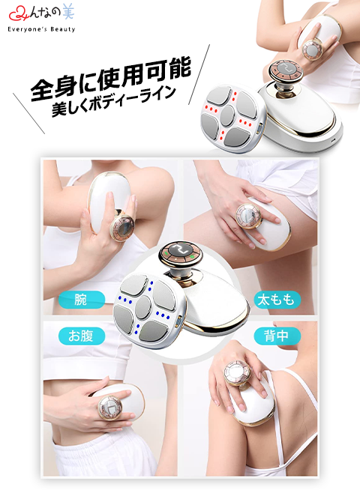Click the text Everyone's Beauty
[41, 29]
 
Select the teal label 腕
[82, 300]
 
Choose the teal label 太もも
[277, 300]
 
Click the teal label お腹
[82, 336]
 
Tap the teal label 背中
[277, 336]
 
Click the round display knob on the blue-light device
[181, 254]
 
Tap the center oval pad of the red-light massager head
[228, 115]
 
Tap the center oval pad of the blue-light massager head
[142, 307]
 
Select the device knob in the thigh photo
[247, 217]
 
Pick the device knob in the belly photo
[110, 408]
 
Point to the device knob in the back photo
[237, 373]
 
